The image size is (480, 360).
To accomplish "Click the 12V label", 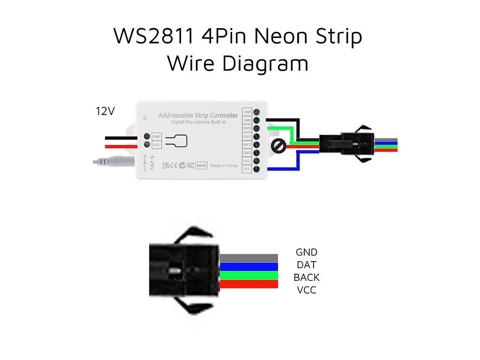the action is [105, 112].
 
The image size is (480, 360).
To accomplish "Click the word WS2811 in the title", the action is [153, 37].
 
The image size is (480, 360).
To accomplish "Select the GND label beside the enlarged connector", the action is [306, 253].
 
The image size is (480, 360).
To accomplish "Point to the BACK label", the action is [306, 277].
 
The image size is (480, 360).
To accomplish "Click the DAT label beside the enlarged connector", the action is [306, 265].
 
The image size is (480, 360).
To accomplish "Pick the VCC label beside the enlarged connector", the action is [306, 290].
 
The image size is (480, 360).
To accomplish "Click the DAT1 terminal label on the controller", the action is [247, 128].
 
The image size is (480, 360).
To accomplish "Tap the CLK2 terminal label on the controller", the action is [247, 153].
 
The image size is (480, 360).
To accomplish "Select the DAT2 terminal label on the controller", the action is [247, 144].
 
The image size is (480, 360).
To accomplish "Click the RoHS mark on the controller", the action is [201, 165].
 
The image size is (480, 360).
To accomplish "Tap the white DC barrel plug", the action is [112, 162].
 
